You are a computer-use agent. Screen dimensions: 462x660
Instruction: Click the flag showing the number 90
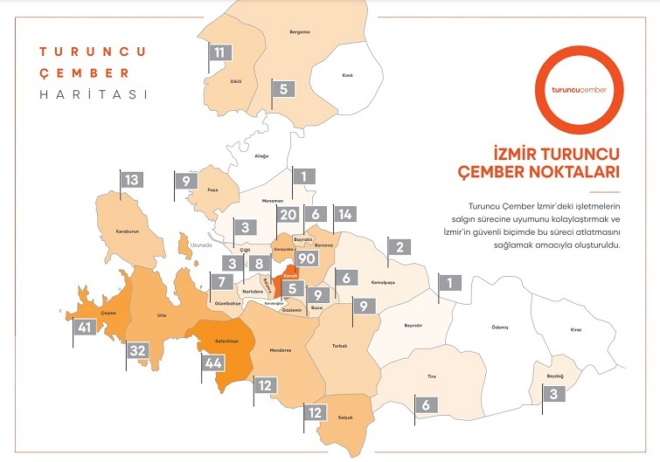[x=306, y=259]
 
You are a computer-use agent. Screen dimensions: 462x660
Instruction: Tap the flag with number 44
[x=213, y=362]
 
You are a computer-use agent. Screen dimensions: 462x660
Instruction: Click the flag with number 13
[x=131, y=180]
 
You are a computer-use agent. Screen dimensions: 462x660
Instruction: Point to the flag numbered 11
[x=219, y=52]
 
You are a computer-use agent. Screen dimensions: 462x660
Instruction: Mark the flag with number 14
[x=344, y=215]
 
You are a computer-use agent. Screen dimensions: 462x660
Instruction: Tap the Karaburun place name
[x=128, y=232]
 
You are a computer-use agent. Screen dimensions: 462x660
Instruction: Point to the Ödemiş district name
[x=497, y=327]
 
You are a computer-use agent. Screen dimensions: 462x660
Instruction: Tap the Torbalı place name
[x=340, y=345]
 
